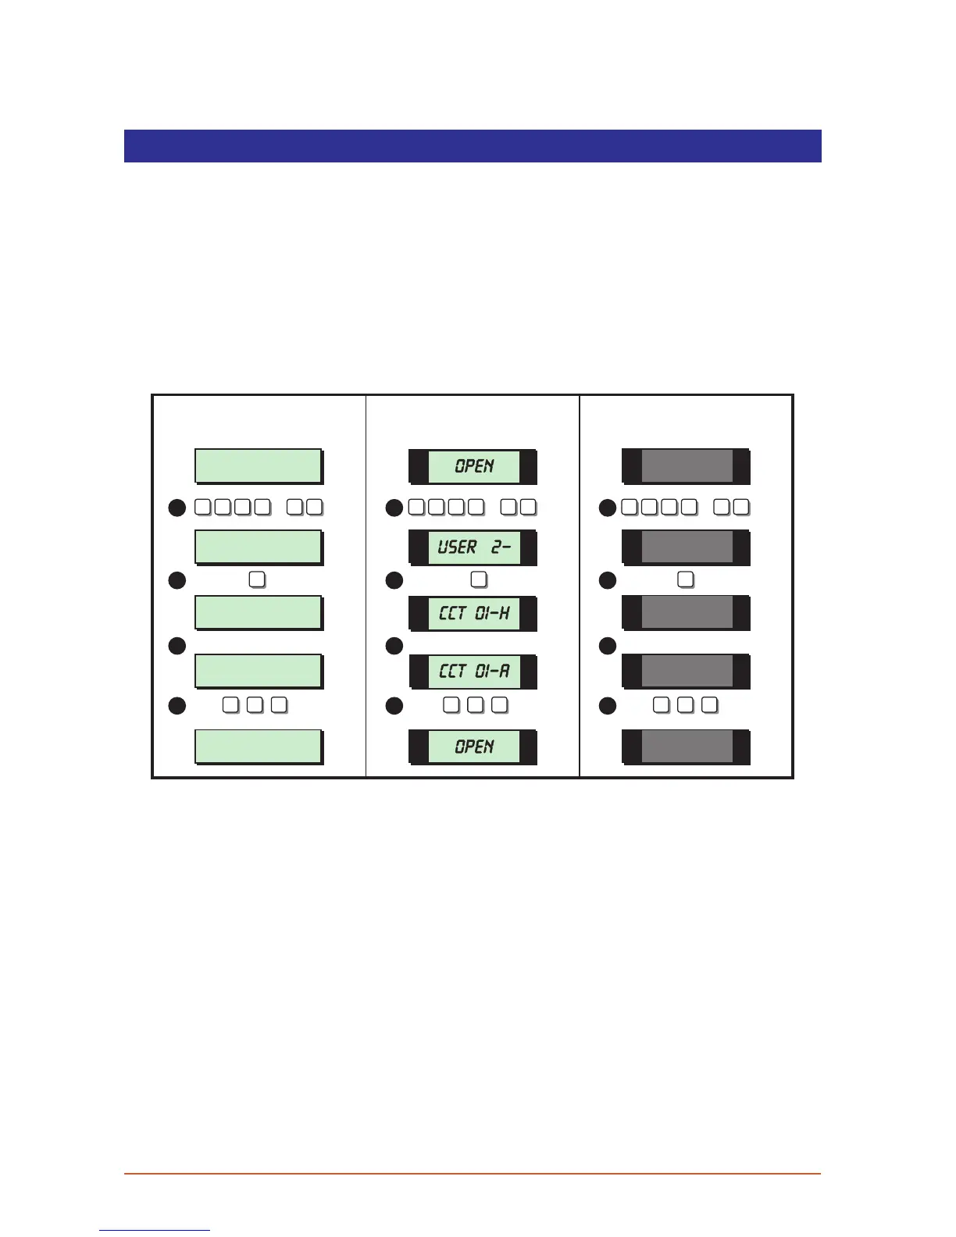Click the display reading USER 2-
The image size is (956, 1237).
click(x=473, y=547)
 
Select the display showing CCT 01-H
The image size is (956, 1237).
click(x=473, y=613)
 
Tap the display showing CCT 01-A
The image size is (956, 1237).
click(x=473, y=672)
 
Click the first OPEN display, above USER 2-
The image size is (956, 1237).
click(x=473, y=466)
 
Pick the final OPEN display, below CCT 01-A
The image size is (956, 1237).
click(x=473, y=747)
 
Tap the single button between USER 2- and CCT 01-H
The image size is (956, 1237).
click(x=479, y=579)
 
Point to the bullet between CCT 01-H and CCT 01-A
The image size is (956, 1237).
click(x=394, y=646)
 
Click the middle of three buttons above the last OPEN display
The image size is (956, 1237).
click(x=475, y=705)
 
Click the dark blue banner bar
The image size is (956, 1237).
click(x=473, y=146)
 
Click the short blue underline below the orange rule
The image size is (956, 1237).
click(x=155, y=1230)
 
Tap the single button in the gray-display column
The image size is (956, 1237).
click(x=686, y=579)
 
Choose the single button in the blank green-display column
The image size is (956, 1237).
click(x=257, y=579)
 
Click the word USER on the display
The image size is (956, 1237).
click(x=457, y=547)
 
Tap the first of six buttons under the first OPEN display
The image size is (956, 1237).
click(x=417, y=507)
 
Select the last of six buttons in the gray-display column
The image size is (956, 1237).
click(x=741, y=507)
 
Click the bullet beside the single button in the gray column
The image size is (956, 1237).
click(x=608, y=580)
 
